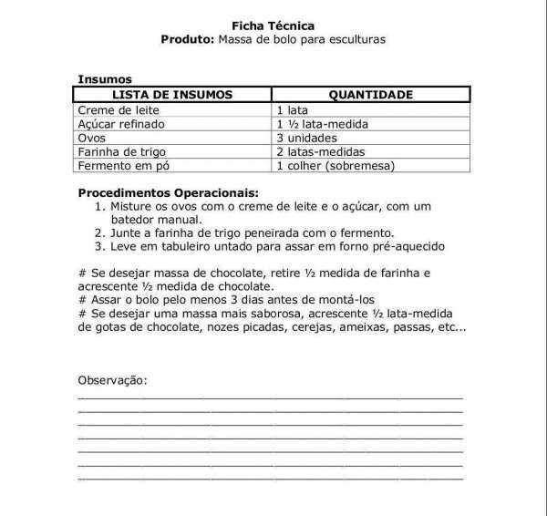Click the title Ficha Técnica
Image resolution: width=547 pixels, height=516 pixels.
click(x=273, y=26)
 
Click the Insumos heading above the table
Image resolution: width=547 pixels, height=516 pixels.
click(x=105, y=79)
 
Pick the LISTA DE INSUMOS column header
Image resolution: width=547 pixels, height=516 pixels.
click(x=172, y=94)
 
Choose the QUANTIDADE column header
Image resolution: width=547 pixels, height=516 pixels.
click(x=370, y=94)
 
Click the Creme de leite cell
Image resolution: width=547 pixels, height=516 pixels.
click(x=116, y=109)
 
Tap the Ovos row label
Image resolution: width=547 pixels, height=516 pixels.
click(x=92, y=138)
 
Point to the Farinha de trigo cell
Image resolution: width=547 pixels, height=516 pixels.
click(x=121, y=151)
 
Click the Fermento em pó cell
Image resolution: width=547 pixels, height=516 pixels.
click(x=124, y=166)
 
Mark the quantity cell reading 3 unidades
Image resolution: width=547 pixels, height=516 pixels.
click(x=305, y=138)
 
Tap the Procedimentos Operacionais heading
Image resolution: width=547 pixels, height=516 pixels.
click(x=168, y=192)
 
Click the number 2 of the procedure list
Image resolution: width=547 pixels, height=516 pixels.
click(x=99, y=232)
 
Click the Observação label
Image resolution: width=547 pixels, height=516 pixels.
click(x=112, y=379)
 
